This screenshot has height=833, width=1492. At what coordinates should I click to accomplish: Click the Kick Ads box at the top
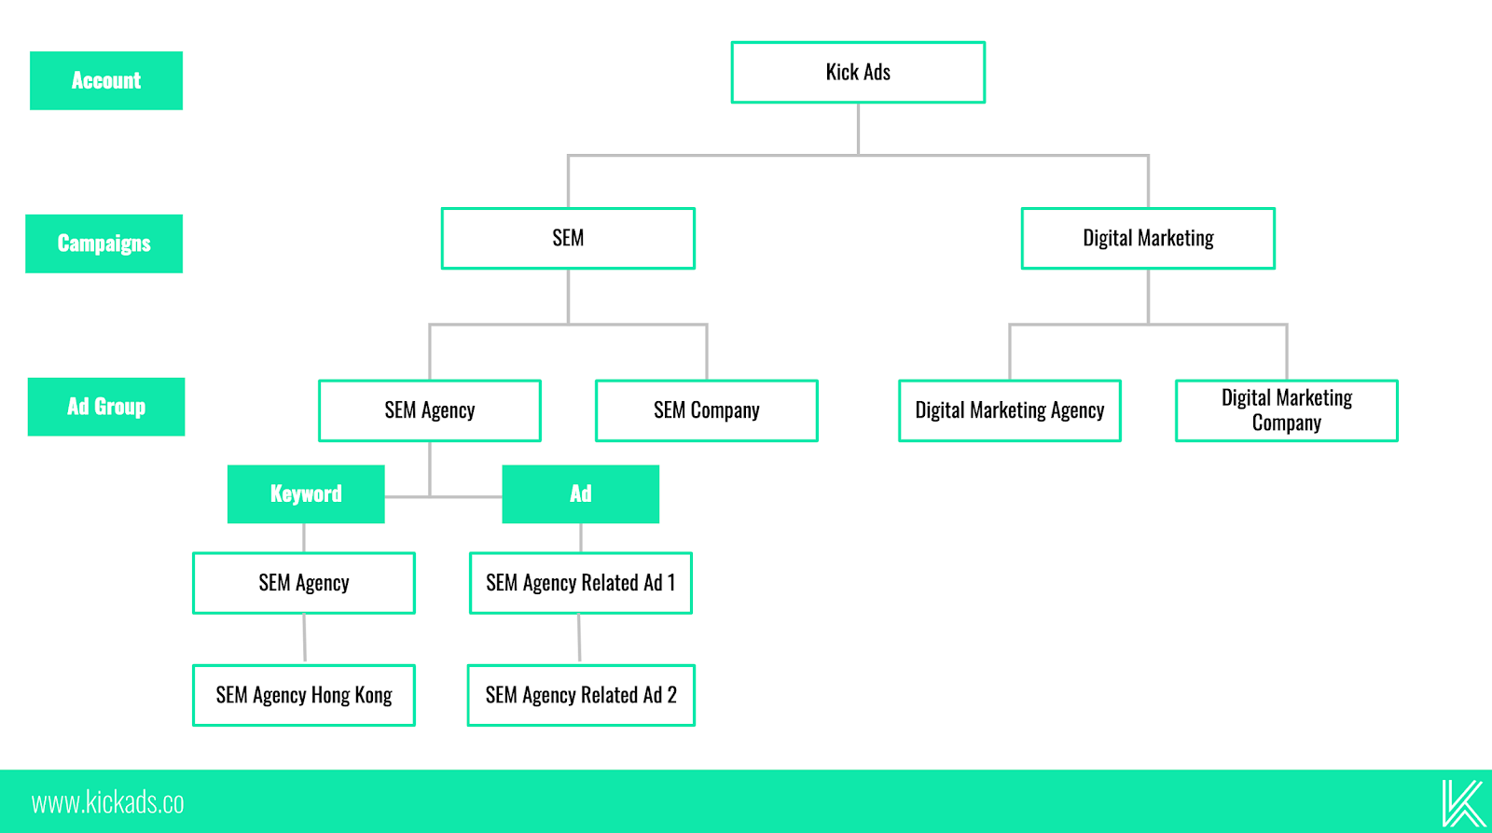click(x=858, y=72)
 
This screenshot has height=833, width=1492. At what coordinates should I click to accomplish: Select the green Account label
click(x=106, y=80)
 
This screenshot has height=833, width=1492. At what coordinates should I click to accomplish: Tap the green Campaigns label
click(x=104, y=243)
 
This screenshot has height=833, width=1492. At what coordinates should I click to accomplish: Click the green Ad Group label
click(x=106, y=407)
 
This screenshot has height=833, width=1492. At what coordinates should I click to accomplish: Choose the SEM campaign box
click(x=568, y=238)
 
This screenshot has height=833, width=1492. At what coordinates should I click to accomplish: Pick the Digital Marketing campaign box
click(x=1148, y=238)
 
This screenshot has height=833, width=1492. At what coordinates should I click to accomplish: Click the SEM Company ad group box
click(x=707, y=410)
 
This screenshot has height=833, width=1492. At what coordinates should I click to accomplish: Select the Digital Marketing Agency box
click(x=1009, y=410)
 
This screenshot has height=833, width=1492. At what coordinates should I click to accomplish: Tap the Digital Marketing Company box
click(x=1286, y=410)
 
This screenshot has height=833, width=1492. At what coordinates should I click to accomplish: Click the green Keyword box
click(x=306, y=493)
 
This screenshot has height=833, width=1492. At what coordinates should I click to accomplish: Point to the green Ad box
click(x=580, y=493)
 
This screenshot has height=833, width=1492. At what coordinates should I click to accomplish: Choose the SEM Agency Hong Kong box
click(x=304, y=695)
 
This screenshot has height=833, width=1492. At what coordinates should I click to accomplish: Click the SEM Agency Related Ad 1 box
click(x=580, y=583)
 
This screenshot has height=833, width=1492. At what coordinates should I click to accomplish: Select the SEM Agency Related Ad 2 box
click(x=580, y=695)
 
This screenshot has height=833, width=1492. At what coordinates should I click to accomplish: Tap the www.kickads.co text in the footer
click(x=107, y=802)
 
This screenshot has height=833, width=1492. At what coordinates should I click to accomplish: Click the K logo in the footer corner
click(x=1461, y=802)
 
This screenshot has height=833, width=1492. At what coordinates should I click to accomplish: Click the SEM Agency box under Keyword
click(x=304, y=583)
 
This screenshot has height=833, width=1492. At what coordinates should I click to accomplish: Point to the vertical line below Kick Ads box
click(x=858, y=129)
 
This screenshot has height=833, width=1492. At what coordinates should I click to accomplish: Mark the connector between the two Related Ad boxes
click(x=579, y=639)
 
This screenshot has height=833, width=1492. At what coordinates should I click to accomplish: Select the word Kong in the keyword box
click(x=373, y=695)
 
